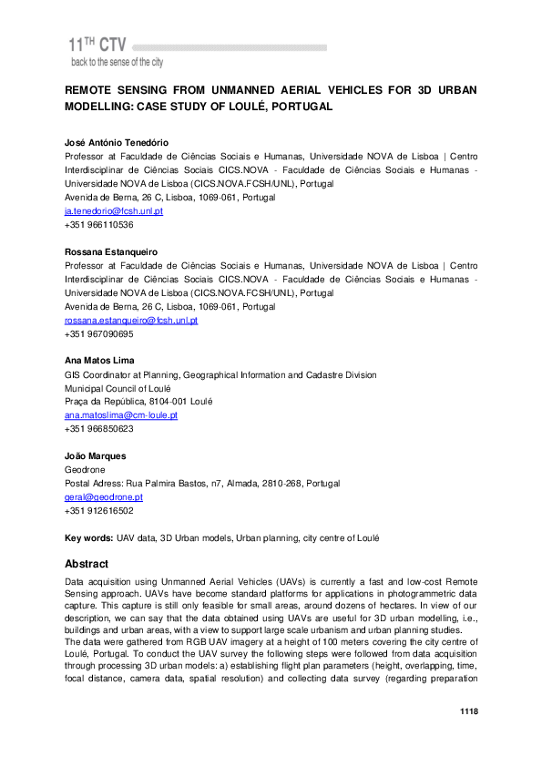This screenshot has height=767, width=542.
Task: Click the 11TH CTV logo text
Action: tap(97, 44)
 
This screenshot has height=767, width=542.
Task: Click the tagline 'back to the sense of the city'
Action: tap(117, 62)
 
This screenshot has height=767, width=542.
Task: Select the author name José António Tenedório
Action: tap(116, 143)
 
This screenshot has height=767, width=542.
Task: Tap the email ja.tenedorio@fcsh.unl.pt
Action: tap(113, 211)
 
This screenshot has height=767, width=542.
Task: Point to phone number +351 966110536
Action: tap(98, 224)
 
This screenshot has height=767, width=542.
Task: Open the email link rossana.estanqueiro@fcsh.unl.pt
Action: tap(130, 321)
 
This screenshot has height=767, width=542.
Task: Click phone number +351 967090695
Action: tap(98, 334)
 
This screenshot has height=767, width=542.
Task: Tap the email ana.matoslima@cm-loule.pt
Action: tap(120, 414)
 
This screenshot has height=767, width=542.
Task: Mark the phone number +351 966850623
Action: tap(98, 428)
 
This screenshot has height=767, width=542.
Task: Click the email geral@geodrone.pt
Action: tap(103, 497)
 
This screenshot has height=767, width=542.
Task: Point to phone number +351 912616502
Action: tap(98, 511)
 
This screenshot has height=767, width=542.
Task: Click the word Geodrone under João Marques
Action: tap(85, 470)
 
